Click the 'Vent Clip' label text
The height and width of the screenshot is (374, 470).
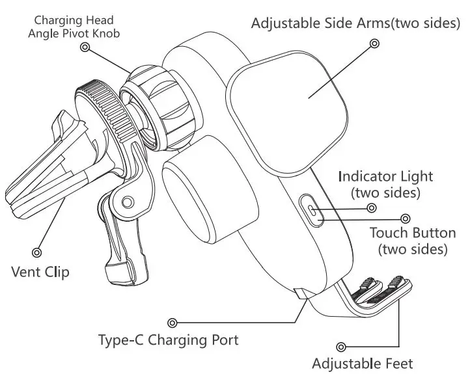tap(40, 271)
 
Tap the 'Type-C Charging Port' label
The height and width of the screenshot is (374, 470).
tap(168, 340)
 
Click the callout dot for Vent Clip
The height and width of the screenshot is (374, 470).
tap(37, 250)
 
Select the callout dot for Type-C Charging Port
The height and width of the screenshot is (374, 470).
tap(173, 322)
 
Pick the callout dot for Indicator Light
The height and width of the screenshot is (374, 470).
tap(372, 208)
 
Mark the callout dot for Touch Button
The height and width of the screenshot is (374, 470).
tap(406, 219)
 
